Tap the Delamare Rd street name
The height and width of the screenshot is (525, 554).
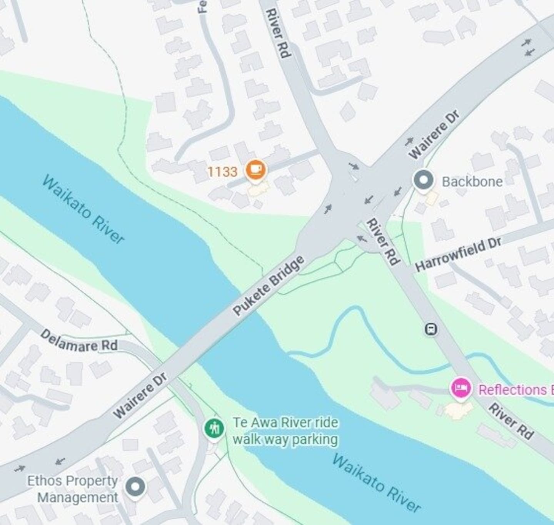coord(79,341)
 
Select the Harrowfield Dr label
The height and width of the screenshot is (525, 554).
coord(458,254)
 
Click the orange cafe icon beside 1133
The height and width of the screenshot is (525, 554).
coord(255,170)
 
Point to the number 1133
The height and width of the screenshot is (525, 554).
coord(222,172)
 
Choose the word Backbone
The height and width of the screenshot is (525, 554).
coord(472,182)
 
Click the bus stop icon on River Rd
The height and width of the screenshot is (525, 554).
coord(431,329)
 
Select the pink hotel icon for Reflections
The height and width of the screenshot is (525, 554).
coord(461,388)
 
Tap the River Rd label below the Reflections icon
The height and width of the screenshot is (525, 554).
coord(511,421)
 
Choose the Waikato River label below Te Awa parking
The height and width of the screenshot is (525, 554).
coord(376,483)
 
